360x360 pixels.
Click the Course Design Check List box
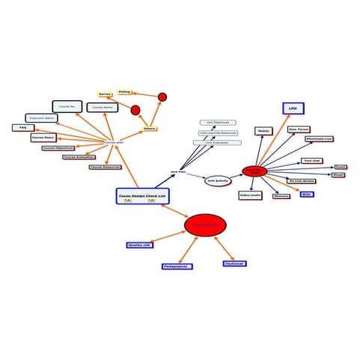[x=143, y=196]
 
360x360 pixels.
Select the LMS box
[x=293, y=109]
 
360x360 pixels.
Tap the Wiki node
[x=306, y=194]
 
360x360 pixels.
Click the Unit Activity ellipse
[x=216, y=181]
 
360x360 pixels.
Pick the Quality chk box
[x=139, y=245]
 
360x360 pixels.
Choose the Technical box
[x=234, y=263]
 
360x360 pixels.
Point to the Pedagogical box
[x=177, y=266]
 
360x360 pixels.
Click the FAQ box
[x=23, y=128]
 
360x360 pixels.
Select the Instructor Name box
[x=41, y=118]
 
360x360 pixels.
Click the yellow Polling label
[x=124, y=92]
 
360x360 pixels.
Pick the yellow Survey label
[x=105, y=95]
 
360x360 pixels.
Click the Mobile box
[x=263, y=131]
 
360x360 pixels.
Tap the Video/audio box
[x=249, y=195]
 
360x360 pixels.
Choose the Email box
[x=341, y=167]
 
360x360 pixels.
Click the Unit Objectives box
[x=217, y=123]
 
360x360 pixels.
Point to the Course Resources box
[x=105, y=167]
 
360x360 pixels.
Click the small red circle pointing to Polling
[x=162, y=97]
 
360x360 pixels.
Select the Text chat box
[x=312, y=161]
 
